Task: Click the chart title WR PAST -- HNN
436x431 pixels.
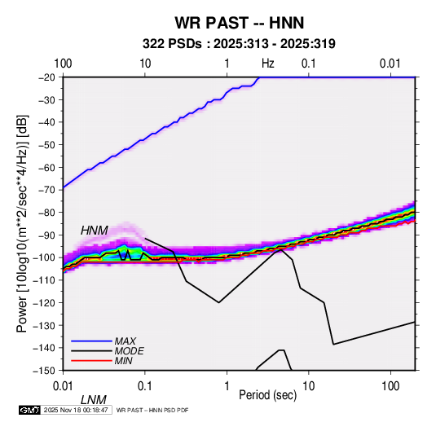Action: [240, 23]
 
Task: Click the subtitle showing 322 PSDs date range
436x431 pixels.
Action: [239, 44]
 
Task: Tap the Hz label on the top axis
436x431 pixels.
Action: [268, 64]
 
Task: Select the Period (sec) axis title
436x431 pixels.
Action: [268, 395]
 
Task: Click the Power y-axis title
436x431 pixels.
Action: [22, 223]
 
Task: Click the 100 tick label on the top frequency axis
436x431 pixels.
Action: [63, 64]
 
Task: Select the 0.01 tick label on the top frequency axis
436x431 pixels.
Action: [390, 64]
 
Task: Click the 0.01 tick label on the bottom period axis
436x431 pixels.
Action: [63, 386]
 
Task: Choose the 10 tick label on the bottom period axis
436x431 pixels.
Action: [308, 386]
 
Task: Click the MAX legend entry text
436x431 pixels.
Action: [126, 341]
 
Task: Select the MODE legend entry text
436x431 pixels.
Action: [130, 351]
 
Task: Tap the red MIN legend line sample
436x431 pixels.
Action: [91, 361]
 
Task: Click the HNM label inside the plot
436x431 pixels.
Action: [95, 231]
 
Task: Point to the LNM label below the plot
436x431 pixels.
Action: [94, 400]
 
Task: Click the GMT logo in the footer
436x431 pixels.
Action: [29, 410]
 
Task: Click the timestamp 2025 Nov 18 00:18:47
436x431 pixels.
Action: [76, 410]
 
